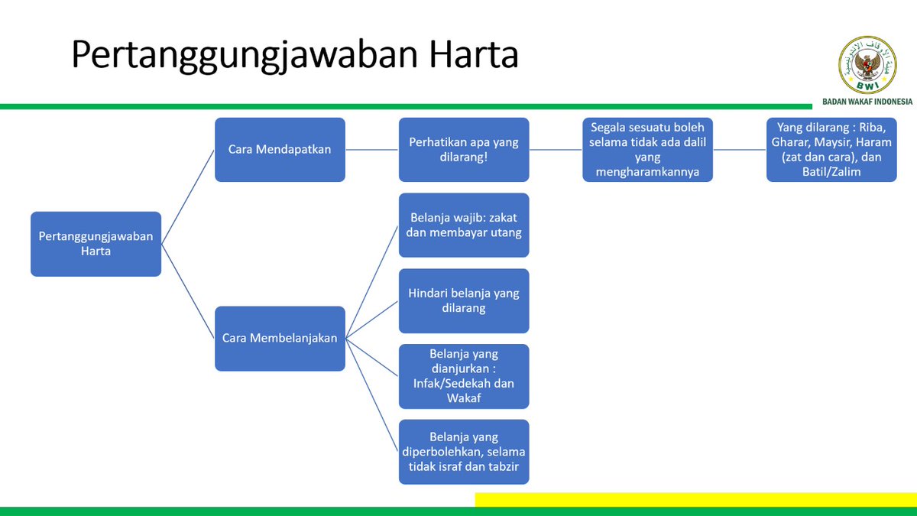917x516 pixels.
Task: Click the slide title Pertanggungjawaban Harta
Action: coord(294,55)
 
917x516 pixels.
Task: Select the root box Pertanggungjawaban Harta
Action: coord(96,244)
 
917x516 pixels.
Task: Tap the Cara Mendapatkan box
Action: coord(280,150)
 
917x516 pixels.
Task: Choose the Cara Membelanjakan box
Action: coord(280,339)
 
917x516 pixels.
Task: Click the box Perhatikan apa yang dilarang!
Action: coord(464,150)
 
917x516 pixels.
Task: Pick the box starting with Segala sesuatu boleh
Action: coord(647,150)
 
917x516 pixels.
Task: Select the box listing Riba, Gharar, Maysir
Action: coord(831,150)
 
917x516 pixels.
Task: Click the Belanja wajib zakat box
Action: coord(464,225)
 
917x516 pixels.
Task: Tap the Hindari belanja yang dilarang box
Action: coord(464,300)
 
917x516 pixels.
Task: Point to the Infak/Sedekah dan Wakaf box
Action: coord(464,376)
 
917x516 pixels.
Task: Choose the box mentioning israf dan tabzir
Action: coord(464,452)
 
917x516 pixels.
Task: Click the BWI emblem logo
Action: coord(867,65)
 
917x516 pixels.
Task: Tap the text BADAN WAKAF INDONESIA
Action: coord(867,101)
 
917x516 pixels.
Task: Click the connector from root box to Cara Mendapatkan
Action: coord(188,197)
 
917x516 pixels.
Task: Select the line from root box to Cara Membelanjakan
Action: coord(188,291)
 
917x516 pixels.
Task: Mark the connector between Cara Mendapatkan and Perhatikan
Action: coord(371,150)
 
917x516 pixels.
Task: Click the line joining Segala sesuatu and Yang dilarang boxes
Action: coord(739,150)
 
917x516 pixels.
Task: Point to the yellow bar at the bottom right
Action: coord(695,499)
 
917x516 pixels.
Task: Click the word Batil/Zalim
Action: coord(831,172)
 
